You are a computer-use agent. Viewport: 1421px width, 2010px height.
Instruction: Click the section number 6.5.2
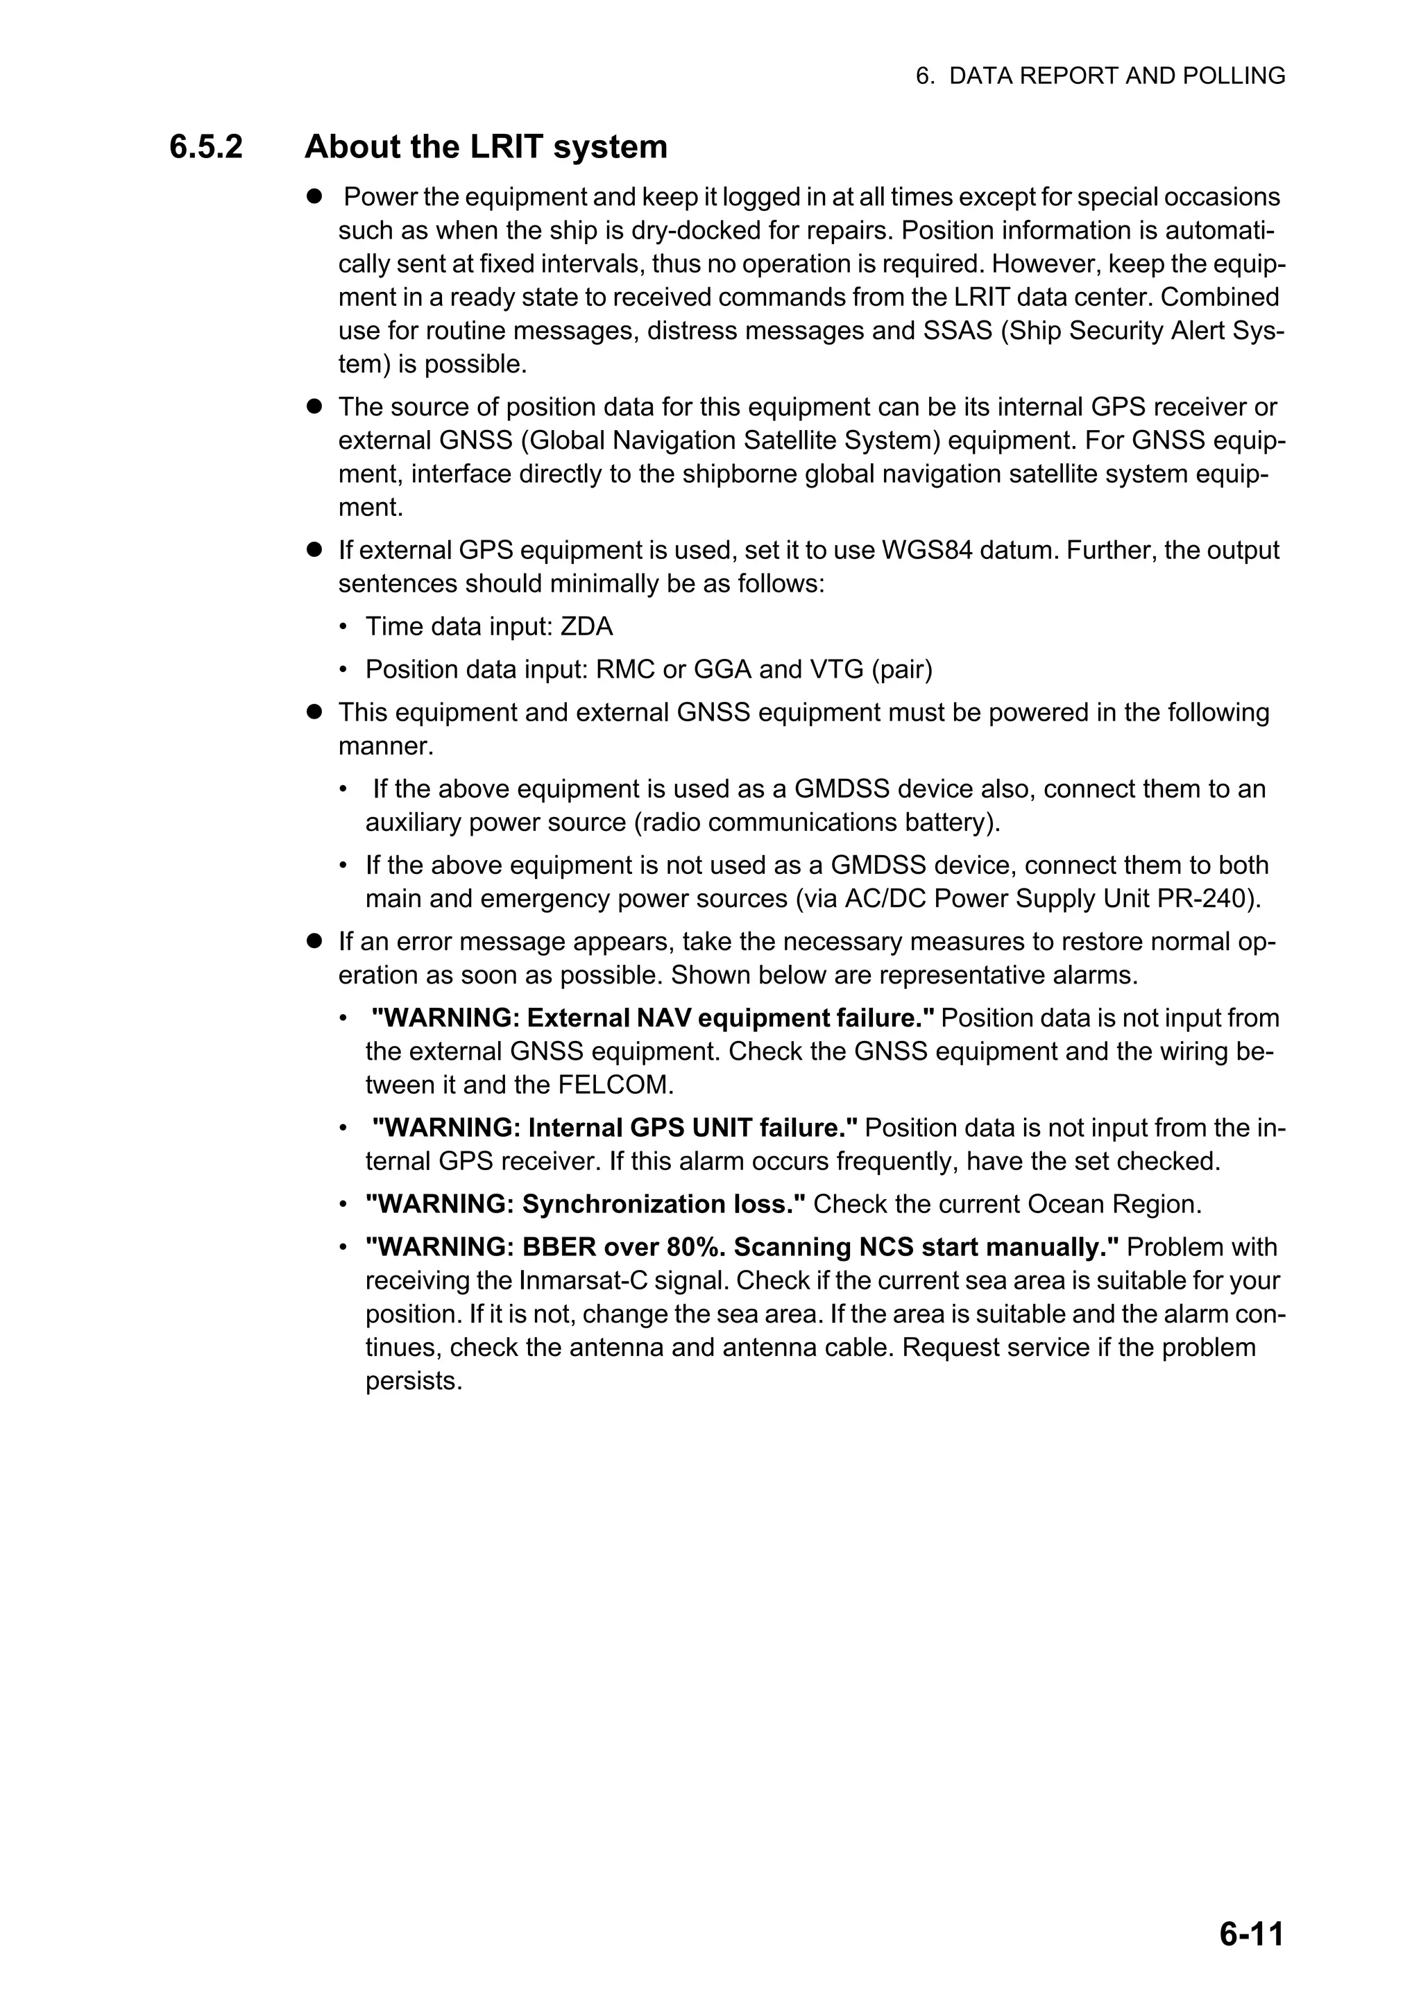[206, 147]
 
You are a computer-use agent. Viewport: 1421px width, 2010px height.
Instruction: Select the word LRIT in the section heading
[506, 147]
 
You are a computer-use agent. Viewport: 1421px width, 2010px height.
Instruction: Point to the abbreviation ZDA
[586, 627]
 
